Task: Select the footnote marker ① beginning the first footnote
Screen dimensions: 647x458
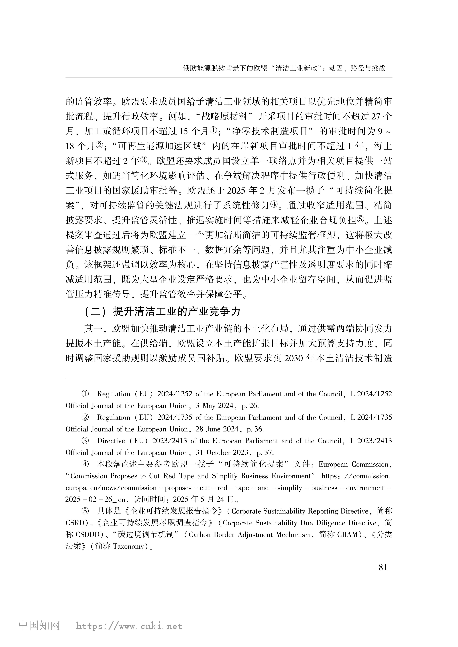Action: point(85,394)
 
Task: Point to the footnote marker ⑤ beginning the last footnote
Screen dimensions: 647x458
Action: point(85,511)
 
